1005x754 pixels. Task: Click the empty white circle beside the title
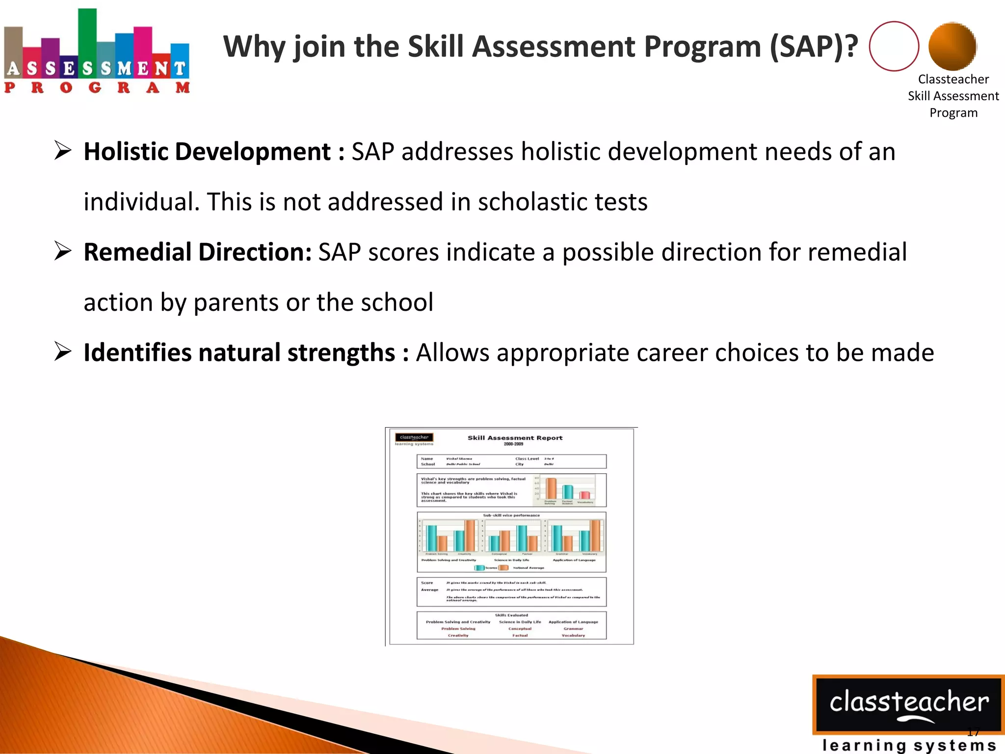point(894,46)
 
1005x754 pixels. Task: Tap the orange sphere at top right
point(952,46)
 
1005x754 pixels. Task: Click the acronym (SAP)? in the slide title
point(814,47)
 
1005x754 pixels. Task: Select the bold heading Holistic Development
point(207,152)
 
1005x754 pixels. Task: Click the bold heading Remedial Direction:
point(197,252)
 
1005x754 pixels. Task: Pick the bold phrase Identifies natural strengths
point(239,353)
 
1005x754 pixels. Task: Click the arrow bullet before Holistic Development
point(63,151)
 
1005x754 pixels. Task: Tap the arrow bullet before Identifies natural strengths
point(63,352)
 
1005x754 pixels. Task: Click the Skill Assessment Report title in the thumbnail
point(515,438)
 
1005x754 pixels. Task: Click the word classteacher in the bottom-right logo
point(908,702)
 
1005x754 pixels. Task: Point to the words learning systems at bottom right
point(908,745)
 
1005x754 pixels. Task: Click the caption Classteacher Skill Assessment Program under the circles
point(953,96)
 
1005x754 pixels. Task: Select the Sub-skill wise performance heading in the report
point(511,515)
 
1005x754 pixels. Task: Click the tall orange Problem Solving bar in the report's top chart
point(552,488)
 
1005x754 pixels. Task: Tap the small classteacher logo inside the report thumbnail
point(414,437)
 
